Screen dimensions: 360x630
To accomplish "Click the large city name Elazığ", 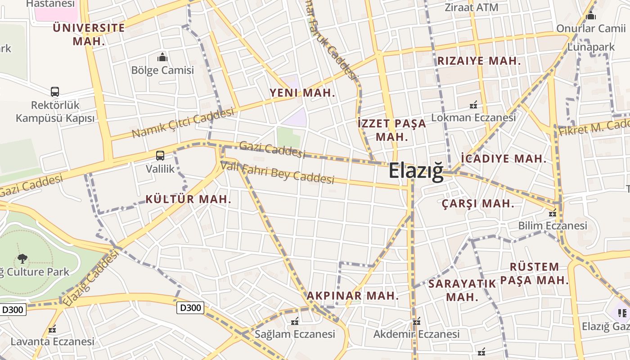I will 416,171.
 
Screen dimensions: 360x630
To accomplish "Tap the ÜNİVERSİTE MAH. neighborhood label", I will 89,34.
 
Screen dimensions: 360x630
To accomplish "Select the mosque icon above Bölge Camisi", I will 162,57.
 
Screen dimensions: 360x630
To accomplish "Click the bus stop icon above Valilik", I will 160,156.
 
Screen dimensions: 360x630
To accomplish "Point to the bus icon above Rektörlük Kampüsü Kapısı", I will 55,92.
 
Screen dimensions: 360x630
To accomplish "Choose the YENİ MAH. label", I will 302,93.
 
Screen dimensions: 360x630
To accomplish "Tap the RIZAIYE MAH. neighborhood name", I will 479,61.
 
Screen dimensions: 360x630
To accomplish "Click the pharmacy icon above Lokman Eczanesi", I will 473,105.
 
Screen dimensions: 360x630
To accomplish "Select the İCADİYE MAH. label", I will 504,158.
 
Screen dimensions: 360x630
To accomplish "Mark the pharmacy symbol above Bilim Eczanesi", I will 553,213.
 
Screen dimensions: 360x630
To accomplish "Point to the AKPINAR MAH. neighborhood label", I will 353,296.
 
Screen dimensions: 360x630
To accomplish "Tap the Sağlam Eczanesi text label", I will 295,334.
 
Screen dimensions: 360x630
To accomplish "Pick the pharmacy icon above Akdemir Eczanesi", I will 417,321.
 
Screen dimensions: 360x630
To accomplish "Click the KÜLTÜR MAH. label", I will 188,199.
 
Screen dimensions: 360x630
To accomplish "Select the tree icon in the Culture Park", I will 22,258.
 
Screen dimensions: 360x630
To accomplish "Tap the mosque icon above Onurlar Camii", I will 591,16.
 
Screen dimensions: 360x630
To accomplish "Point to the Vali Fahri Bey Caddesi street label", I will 278,173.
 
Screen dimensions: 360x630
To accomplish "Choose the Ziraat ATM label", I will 471,8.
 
